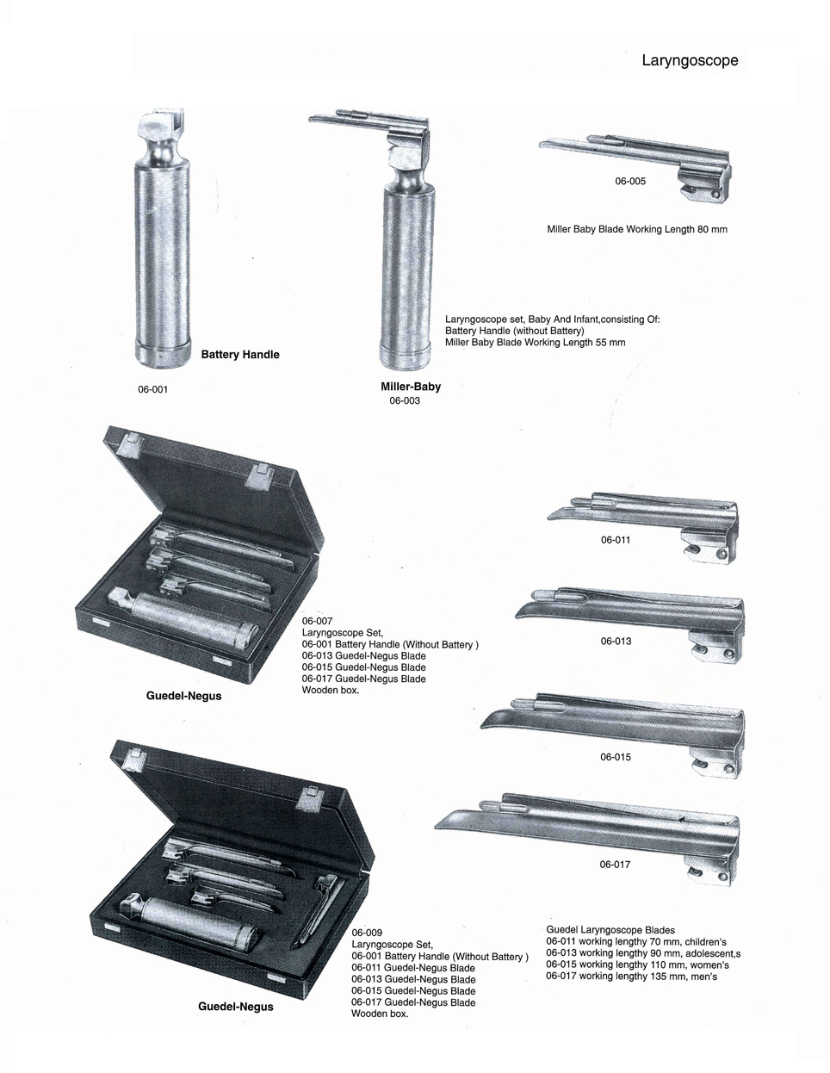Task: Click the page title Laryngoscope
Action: tap(690, 61)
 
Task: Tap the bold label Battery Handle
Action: tap(240, 354)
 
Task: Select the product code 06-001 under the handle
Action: tap(153, 389)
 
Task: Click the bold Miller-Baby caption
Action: tap(411, 386)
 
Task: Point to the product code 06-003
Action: tap(405, 400)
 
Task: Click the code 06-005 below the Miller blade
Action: tap(630, 181)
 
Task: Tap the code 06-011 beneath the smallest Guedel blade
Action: tap(616, 540)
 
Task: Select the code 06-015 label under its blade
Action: tap(616, 756)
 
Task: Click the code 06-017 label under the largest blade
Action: tap(615, 864)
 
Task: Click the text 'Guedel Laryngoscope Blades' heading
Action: tap(610, 930)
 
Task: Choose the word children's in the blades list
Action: tap(705, 941)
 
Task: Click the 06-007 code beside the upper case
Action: tap(318, 621)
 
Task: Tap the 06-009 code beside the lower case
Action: tap(367, 933)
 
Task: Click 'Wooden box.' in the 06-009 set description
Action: tap(380, 1014)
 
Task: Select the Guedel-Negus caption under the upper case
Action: tap(183, 696)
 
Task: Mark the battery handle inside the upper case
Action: tap(183, 616)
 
